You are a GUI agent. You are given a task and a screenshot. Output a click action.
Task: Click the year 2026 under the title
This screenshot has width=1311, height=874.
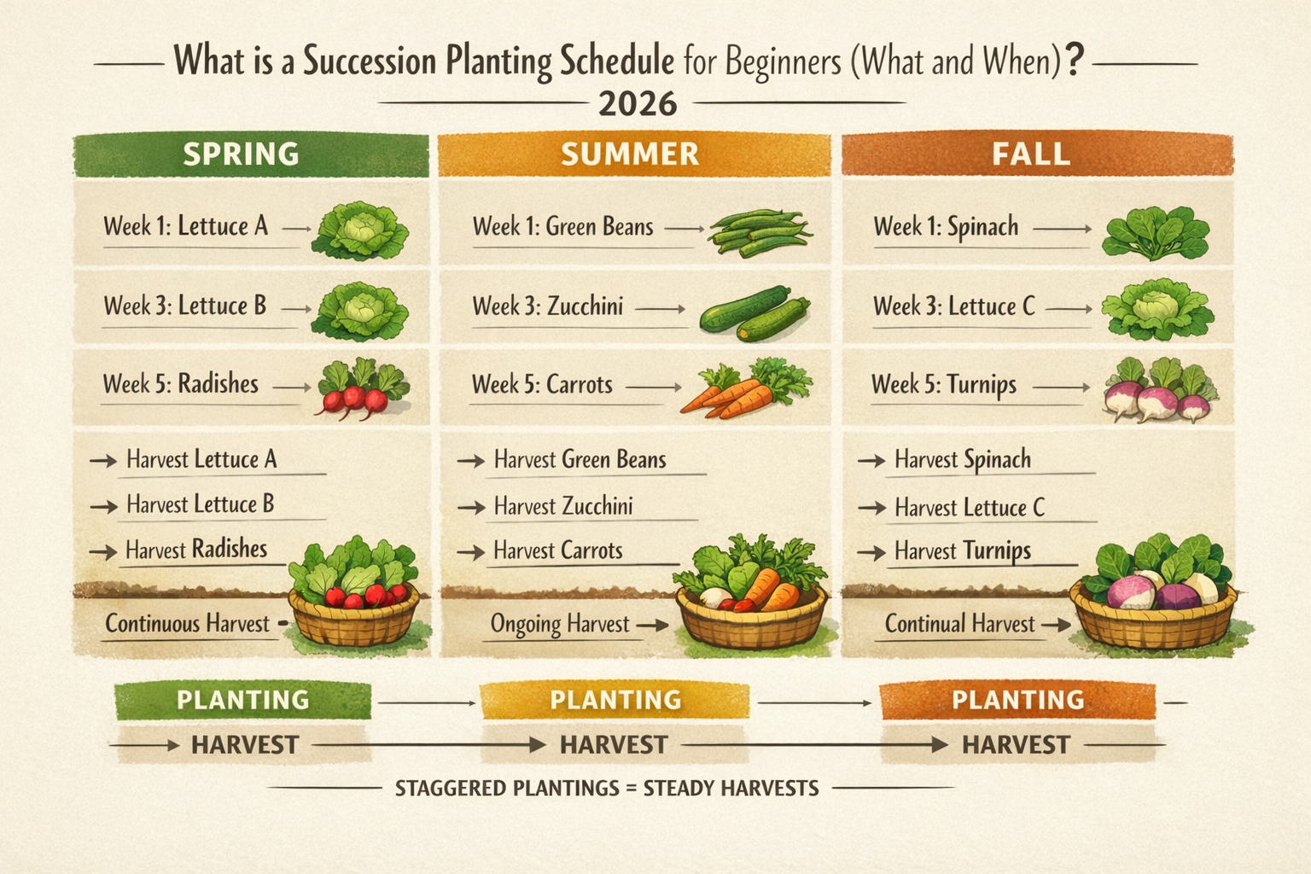[638, 104]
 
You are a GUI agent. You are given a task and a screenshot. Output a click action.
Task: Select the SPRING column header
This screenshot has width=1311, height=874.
[242, 154]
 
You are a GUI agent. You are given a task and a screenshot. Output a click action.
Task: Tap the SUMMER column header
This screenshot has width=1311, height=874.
[630, 154]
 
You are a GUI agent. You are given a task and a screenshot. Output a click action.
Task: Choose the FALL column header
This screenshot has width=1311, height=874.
[1031, 154]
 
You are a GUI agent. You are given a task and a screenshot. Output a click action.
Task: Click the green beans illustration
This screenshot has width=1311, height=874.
[758, 232]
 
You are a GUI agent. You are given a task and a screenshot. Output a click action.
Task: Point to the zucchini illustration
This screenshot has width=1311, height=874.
[754, 313]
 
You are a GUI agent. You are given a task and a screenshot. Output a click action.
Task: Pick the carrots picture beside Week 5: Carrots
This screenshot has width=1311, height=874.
[738, 389]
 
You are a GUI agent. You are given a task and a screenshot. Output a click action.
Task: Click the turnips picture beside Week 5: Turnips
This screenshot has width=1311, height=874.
[1159, 391]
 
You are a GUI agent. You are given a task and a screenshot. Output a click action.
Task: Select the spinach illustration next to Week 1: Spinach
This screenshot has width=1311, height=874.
[1156, 232]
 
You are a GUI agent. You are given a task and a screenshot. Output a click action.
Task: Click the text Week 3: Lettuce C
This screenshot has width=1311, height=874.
[953, 306]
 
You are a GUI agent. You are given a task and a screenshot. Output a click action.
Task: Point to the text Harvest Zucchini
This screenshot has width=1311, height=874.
[563, 506]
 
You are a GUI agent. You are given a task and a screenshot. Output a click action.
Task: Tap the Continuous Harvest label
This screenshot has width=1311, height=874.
[187, 624]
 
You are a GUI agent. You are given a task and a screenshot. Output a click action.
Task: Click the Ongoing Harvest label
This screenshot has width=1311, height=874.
[560, 624]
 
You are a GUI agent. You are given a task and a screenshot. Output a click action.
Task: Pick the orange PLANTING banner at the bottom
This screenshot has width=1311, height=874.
[1017, 701]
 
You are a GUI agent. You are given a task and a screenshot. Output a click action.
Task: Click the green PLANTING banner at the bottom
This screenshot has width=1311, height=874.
[243, 701]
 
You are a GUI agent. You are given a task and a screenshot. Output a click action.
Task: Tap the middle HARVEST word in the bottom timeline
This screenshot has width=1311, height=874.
[614, 744]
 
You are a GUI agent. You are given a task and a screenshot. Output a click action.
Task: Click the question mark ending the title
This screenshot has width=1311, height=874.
[1075, 61]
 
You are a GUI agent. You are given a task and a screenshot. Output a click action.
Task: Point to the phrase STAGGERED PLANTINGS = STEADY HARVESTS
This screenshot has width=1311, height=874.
[607, 788]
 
